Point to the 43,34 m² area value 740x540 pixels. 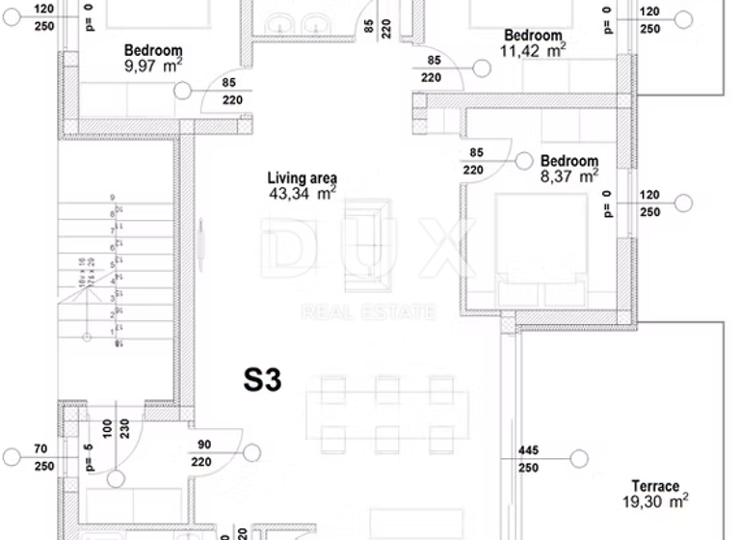[303, 194]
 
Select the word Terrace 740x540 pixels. [655, 486]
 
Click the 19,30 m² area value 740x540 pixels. [654, 501]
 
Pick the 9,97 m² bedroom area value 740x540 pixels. [153, 66]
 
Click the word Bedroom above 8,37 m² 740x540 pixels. [568, 161]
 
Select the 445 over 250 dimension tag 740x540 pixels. [528, 459]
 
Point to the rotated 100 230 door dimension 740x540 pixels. [116, 429]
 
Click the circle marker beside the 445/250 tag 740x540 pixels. [578, 459]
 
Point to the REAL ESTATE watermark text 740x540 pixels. [369, 311]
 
